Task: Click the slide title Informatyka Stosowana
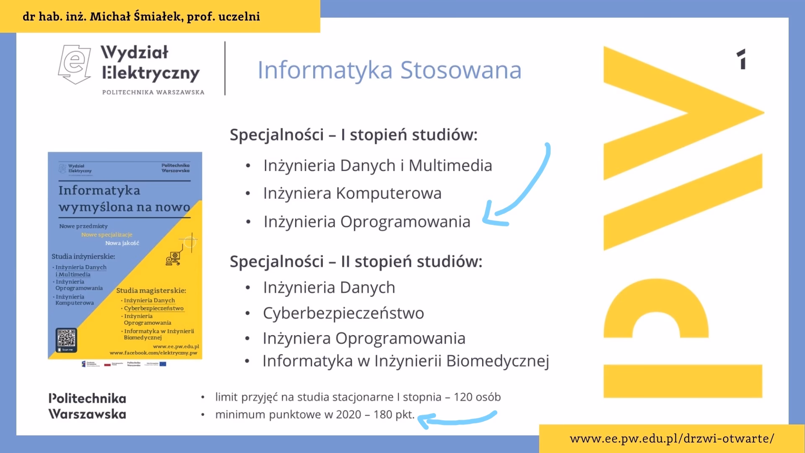coord(389,70)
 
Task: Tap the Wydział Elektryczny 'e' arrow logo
coord(75,64)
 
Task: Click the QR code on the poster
coord(66,338)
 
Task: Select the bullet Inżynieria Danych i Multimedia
coord(377,166)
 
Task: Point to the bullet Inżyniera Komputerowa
coord(352,193)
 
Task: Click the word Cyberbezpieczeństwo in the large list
coord(343,313)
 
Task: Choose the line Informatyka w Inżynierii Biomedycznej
coord(405,361)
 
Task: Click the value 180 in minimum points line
coord(383,415)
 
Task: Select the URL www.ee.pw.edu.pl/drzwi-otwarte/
coord(672,439)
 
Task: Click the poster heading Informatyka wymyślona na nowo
coord(124,199)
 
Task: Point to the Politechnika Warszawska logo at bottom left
coord(87,406)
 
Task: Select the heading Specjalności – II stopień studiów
coord(356,262)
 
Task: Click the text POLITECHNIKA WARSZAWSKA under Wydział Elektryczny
coord(153,92)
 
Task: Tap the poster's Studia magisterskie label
coord(151,291)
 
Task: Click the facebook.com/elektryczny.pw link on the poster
coord(153,353)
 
